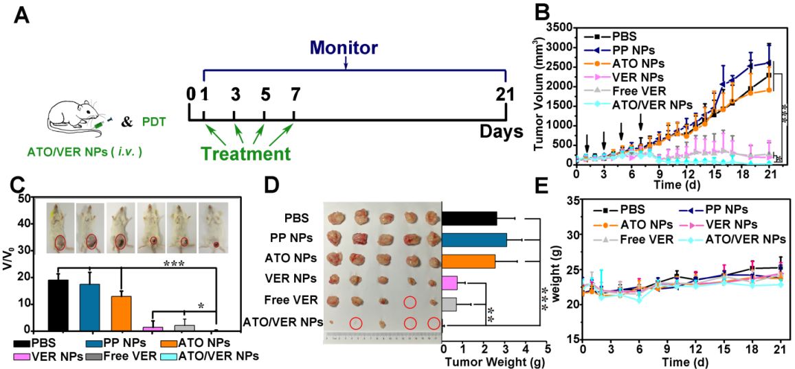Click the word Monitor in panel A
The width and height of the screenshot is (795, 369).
tap(344, 48)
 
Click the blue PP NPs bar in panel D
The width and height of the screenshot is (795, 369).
tap(474, 239)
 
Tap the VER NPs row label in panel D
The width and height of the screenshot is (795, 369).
tap(293, 278)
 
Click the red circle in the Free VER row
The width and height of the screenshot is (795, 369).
tap(410, 302)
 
